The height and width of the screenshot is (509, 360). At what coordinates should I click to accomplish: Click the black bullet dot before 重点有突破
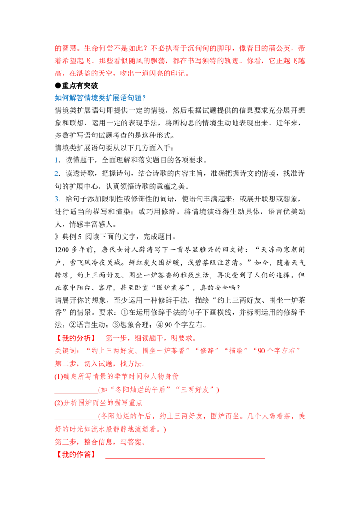tap(58, 86)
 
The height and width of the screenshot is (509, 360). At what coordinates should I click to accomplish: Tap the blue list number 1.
tap(56, 161)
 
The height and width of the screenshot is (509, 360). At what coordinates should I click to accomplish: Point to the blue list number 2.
tap(57, 174)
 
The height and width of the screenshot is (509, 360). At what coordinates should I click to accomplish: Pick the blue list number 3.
tap(57, 199)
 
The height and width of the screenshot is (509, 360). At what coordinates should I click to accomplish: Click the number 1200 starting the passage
tap(62, 250)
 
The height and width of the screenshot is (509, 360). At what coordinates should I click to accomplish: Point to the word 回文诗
tap(233, 250)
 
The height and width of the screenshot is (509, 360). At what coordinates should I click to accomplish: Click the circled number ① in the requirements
tap(125, 313)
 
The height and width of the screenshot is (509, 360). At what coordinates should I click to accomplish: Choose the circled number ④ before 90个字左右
tap(160, 325)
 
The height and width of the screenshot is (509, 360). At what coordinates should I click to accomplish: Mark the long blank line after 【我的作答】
tap(185, 458)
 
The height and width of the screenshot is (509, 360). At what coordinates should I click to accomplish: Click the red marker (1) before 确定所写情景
tap(58, 376)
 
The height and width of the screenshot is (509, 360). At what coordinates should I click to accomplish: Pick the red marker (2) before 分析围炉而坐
tap(58, 403)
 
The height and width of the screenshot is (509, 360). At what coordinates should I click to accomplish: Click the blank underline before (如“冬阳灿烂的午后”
tap(76, 393)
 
